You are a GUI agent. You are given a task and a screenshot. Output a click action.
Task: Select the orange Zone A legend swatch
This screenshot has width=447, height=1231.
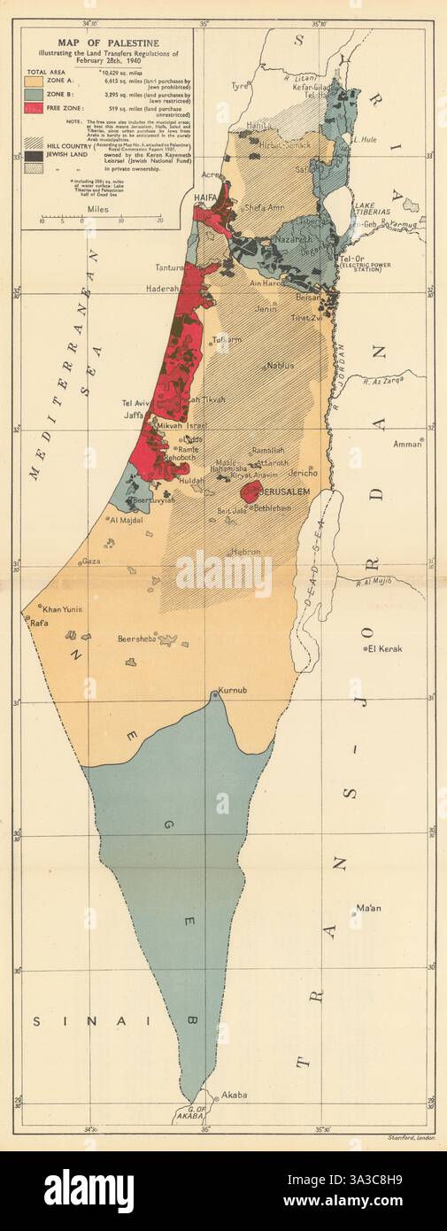coord(41,82)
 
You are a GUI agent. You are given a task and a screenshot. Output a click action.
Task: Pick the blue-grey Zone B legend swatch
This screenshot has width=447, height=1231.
coord(41,97)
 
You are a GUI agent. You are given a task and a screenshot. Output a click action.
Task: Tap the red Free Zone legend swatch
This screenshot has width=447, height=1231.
coord(41,111)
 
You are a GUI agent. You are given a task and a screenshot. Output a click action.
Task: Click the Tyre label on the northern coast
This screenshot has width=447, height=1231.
coord(240,87)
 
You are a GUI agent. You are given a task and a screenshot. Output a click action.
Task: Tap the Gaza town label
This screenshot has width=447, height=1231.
coord(90,561)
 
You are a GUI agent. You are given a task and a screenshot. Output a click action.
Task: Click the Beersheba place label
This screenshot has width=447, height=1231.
coord(138,638)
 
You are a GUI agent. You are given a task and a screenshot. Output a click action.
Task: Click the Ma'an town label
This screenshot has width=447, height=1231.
coord(367,909)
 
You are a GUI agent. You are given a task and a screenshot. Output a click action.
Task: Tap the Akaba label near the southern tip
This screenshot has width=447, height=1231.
coord(234,1095)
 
